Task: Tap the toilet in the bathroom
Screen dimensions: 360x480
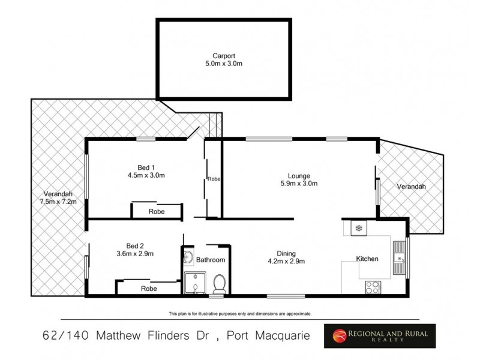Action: pyautogui.click(x=219, y=281)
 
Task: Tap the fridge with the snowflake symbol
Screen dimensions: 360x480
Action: pyautogui.click(x=359, y=228)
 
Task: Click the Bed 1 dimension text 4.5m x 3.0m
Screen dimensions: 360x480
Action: pyautogui.click(x=147, y=175)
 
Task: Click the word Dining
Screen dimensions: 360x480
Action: pyautogui.click(x=286, y=253)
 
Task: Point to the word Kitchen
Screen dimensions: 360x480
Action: pyautogui.click(x=367, y=259)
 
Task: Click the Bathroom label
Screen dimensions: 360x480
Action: pyautogui.click(x=211, y=260)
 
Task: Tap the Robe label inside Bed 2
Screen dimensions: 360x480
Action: pyautogui.click(x=149, y=289)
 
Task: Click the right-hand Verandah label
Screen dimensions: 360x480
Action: pyautogui.click(x=411, y=187)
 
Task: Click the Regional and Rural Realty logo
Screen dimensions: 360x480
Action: pyautogui.click(x=380, y=335)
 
